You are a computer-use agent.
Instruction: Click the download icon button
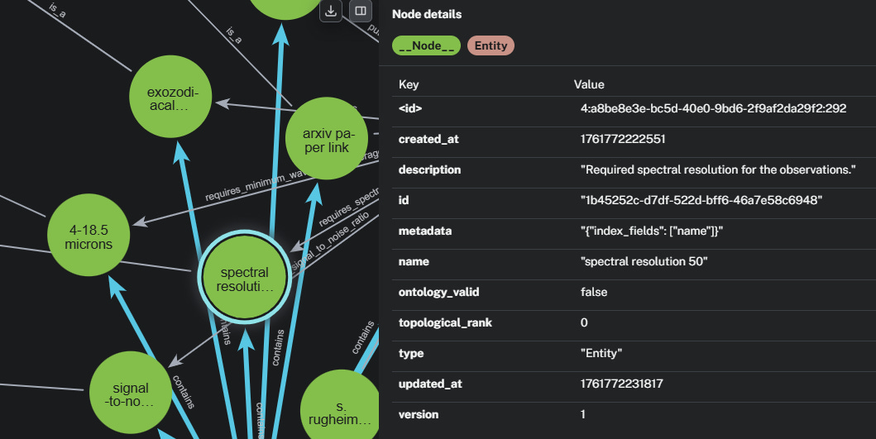tap(331, 12)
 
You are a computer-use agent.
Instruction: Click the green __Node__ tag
tap(427, 45)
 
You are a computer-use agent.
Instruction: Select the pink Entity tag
tap(491, 45)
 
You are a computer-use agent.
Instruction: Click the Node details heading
tap(427, 14)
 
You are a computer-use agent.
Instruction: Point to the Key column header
tap(409, 84)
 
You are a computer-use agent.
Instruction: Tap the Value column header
tap(589, 84)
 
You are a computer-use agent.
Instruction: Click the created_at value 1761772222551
tap(623, 139)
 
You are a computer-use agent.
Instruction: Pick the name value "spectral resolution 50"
tap(644, 261)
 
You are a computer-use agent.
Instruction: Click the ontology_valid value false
tap(594, 292)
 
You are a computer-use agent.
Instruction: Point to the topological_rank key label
tap(445, 322)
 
